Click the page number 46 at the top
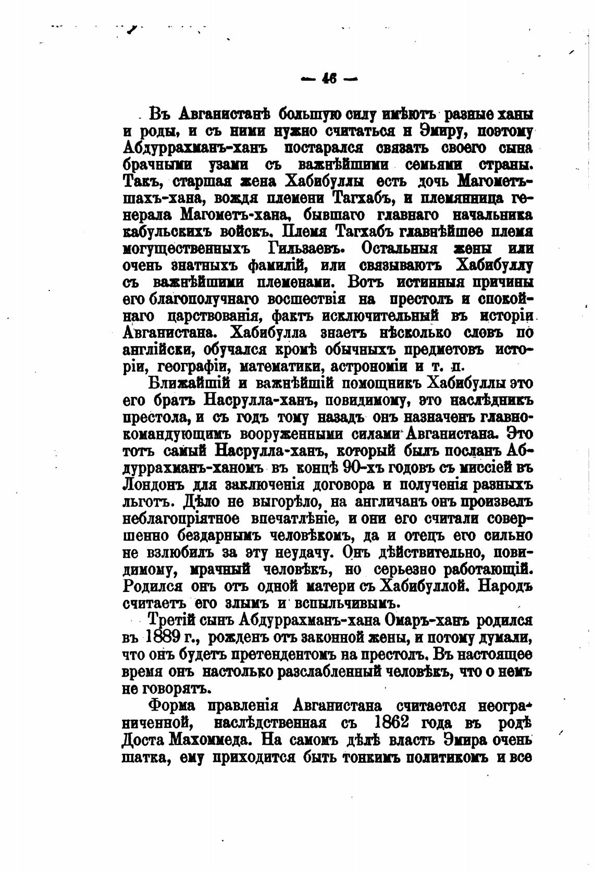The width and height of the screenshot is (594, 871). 329,79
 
